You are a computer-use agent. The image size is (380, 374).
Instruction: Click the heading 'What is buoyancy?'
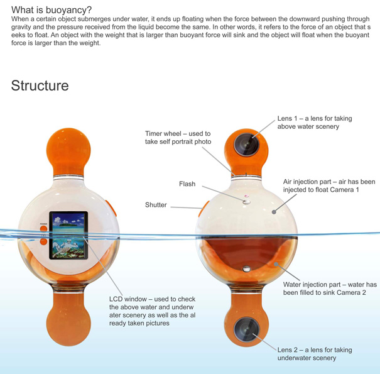(x=52, y=9)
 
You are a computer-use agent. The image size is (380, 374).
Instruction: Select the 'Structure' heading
(x=40, y=85)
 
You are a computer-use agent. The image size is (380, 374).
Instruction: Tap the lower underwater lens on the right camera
(x=246, y=330)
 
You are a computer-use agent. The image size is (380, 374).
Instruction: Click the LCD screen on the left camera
(x=68, y=236)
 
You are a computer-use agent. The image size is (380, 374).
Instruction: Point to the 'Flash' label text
(x=187, y=184)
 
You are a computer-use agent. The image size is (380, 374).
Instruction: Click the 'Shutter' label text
(x=156, y=205)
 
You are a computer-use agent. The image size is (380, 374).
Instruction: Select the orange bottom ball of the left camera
(x=68, y=324)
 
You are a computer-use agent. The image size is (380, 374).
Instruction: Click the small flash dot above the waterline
(x=247, y=201)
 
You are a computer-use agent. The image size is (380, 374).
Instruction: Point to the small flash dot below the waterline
(x=247, y=269)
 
